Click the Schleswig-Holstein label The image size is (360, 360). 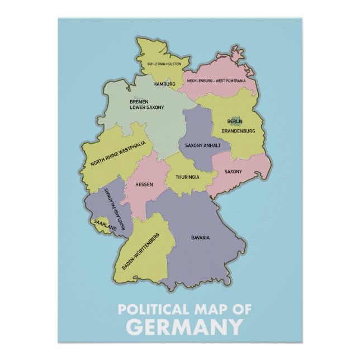[x=164, y=64]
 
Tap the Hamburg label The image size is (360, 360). [x=164, y=84]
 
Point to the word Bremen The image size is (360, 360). [x=139, y=101]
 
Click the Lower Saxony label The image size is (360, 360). [x=147, y=107]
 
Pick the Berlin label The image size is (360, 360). [x=235, y=122]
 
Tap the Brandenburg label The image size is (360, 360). [x=238, y=131]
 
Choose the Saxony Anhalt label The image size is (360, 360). [x=203, y=145]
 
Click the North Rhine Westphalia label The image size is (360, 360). [x=118, y=155]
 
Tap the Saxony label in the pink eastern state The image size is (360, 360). [x=233, y=172]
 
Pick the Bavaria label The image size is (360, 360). [x=200, y=238]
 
